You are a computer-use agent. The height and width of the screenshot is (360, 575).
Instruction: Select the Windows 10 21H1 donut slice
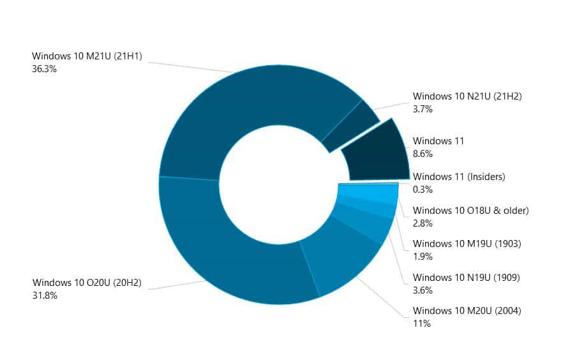(255, 109)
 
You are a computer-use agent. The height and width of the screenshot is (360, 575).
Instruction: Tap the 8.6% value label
(422, 153)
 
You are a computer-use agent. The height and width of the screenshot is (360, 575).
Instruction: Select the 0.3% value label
(422, 189)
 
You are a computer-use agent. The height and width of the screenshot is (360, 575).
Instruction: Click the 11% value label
(422, 324)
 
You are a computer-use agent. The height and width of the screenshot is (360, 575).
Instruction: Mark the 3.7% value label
(422, 109)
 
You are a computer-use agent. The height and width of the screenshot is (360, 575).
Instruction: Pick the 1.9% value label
(422, 257)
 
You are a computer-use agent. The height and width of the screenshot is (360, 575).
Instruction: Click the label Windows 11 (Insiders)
(459, 177)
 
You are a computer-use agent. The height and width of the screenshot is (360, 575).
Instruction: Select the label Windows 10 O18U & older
(471, 211)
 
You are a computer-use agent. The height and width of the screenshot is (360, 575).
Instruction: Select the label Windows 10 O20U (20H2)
(87, 283)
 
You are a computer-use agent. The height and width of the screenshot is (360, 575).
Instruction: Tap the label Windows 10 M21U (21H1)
(87, 57)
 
